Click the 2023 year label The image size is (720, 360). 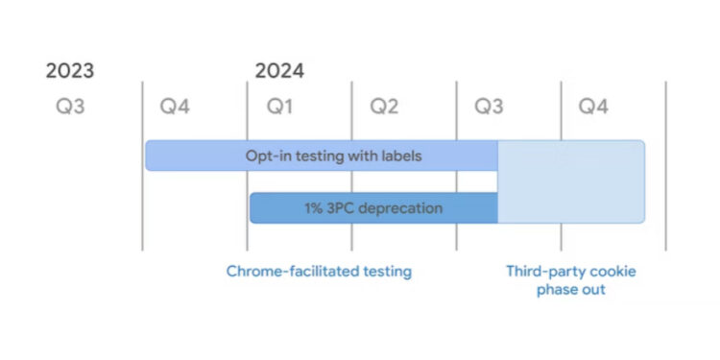[70, 71]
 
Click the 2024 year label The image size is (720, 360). [279, 71]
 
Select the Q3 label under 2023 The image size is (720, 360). [70, 107]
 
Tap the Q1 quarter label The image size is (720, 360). [279, 107]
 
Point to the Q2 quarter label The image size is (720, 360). [384, 107]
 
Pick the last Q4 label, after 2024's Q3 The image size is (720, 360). [593, 107]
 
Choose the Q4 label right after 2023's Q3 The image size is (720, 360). [175, 107]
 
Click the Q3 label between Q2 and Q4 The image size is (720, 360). [489, 107]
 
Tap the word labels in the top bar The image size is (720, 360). [397, 155]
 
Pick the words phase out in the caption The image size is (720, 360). [571, 289]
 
